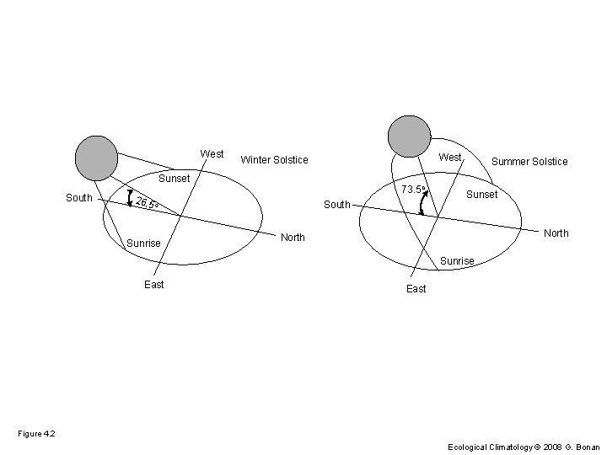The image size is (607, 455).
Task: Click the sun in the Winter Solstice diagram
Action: (96, 158)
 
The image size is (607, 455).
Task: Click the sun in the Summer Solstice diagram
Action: (410, 136)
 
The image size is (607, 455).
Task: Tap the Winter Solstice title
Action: (275, 159)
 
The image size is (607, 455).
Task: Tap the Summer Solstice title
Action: (529, 161)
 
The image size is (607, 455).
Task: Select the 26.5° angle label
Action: (147, 203)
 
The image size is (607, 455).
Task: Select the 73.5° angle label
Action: (413, 190)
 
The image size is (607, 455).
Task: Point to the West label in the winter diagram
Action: (212, 154)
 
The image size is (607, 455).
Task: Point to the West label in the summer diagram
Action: (450, 158)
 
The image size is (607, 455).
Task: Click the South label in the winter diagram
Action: (79, 198)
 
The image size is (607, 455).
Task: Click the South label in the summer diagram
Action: (337, 205)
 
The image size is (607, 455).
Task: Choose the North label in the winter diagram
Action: (293, 238)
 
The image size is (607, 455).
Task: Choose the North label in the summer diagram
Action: (556, 233)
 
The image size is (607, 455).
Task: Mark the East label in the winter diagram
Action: (154, 285)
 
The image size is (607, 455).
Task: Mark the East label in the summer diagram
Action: (416, 289)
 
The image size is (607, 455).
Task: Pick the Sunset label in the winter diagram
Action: (175, 179)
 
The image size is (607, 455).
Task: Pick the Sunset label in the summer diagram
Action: (482, 195)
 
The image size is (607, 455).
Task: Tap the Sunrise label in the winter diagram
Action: (143, 244)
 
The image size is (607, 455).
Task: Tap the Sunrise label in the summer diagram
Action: (457, 261)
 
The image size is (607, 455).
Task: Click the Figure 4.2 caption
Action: (36, 433)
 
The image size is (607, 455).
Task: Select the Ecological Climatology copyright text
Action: (523, 447)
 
